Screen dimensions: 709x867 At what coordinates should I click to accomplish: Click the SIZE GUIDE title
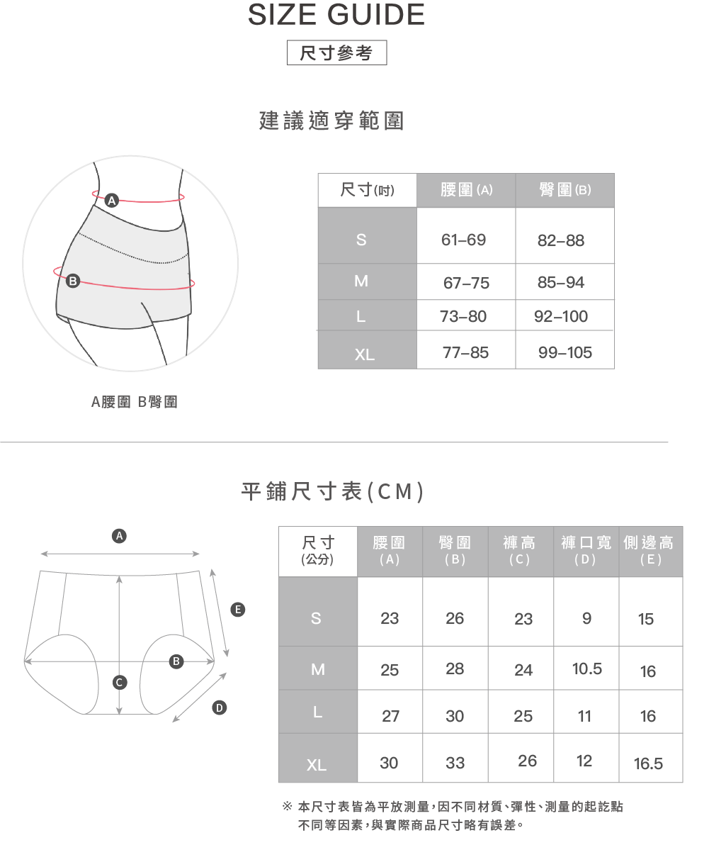pyautogui.click(x=336, y=15)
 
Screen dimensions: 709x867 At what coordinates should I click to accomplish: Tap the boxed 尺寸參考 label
pyautogui.click(x=336, y=53)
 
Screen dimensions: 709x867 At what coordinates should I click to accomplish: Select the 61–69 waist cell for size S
pyautogui.click(x=464, y=240)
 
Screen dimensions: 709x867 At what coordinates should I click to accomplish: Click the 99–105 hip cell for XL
pyautogui.click(x=565, y=352)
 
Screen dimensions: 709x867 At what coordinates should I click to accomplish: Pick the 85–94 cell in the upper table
pyautogui.click(x=561, y=282)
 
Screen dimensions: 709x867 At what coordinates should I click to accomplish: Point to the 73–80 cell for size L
pyautogui.click(x=463, y=316)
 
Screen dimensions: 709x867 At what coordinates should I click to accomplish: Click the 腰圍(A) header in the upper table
pyautogui.click(x=466, y=190)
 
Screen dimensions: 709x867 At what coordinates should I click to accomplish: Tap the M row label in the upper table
pyautogui.click(x=361, y=281)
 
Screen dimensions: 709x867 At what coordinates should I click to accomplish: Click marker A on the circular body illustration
pyautogui.click(x=111, y=201)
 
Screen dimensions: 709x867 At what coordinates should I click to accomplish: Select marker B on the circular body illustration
pyautogui.click(x=72, y=281)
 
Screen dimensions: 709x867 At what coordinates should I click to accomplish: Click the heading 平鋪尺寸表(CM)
pyautogui.click(x=333, y=491)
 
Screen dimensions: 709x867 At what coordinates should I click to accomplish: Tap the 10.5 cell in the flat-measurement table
pyautogui.click(x=586, y=669)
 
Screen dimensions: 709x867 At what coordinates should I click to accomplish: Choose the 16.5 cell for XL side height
pyautogui.click(x=648, y=763)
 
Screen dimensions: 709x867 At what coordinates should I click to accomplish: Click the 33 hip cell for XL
pyautogui.click(x=455, y=763)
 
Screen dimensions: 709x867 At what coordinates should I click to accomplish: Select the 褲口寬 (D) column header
pyautogui.click(x=586, y=550)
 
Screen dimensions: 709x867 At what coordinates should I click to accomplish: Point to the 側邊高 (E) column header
pyautogui.click(x=649, y=550)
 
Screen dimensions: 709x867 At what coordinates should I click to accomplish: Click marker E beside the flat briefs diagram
pyautogui.click(x=238, y=609)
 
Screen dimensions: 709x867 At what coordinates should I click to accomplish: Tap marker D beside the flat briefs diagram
pyautogui.click(x=220, y=707)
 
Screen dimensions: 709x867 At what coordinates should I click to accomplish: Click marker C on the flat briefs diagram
pyautogui.click(x=120, y=682)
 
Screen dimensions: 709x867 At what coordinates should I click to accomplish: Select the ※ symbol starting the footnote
pyautogui.click(x=288, y=807)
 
